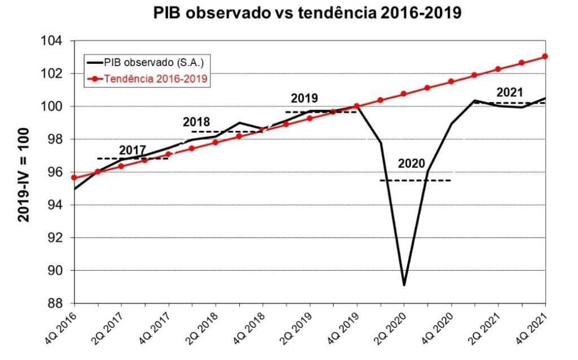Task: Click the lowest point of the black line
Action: tap(404, 285)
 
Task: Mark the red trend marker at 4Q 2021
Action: tap(545, 56)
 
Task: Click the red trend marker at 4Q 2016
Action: tap(74, 177)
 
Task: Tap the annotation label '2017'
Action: tap(133, 150)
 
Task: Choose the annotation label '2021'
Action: tap(510, 93)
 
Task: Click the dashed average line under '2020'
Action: tap(415, 180)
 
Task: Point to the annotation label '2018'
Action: tap(196, 122)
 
